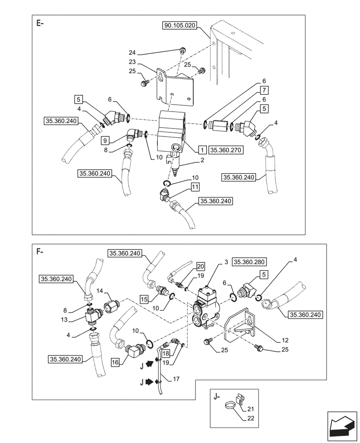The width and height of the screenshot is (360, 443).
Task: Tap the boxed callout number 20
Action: point(201,266)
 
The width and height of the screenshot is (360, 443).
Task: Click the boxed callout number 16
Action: point(115,362)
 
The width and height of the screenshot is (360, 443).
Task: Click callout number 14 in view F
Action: point(101,290)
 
